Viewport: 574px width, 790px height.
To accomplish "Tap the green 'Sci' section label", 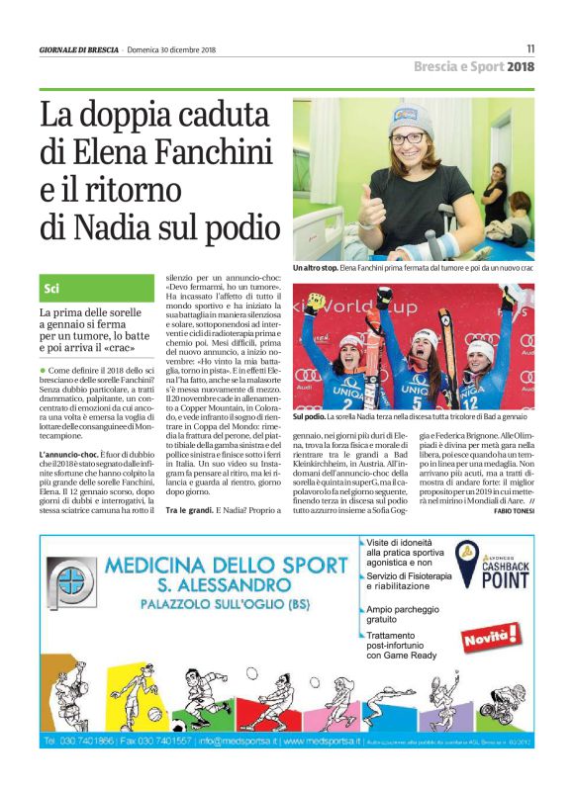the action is [x=51, y=289].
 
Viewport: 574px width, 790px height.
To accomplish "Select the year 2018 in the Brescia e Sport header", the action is [x=521, y=67].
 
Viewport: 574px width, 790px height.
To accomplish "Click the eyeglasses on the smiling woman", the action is [x=409, y=138].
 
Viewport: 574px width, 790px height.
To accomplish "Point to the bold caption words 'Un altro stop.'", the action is [x=316, y=268].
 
